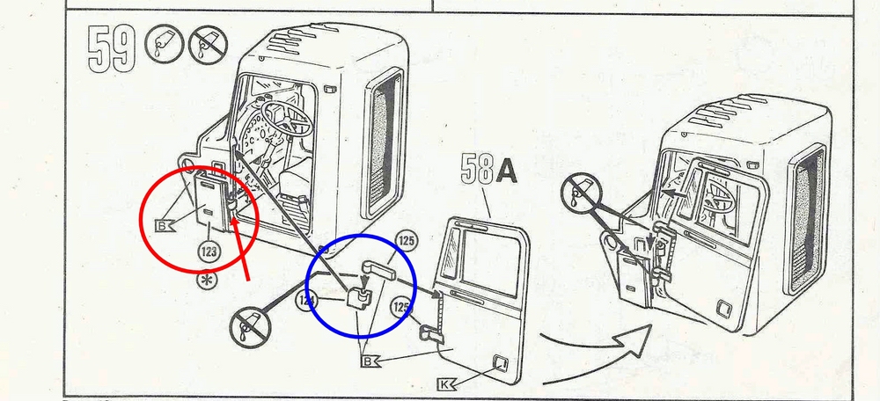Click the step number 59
click(x=112, y=49)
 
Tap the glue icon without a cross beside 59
click(x=165, y=44)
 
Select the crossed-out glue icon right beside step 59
click(x=208, y=44)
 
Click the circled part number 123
click(x=209, y=252)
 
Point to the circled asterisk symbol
click(x=207, y=280)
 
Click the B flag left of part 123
click(x=164, y=227)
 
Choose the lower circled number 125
click(x=400, y=307)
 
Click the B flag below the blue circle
click(x=370, y=361)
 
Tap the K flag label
click(x=447, y=384)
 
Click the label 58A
click(x=488, y=169)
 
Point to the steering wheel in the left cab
click(x=286, y=119)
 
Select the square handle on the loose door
click(x=500, y=363)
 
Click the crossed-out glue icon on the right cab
click(x=582, y=193)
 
